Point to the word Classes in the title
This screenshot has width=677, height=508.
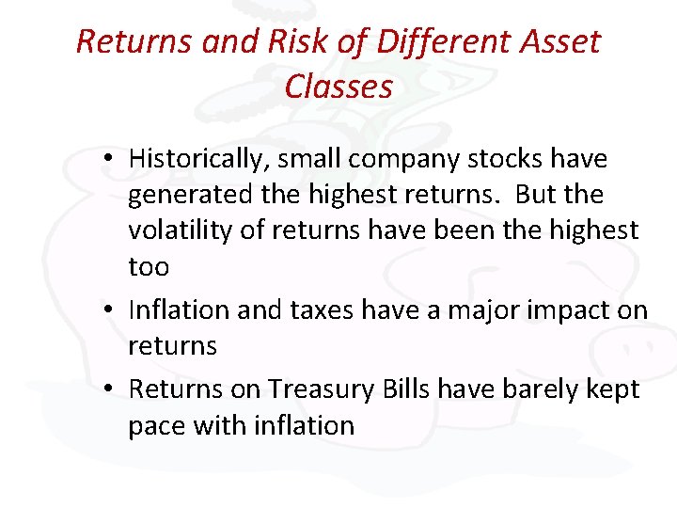338,87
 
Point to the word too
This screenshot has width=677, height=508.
149,267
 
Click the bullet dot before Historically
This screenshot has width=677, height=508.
111,160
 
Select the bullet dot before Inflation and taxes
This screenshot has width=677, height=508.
111,310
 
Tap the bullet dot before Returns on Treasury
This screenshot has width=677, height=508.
111,389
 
